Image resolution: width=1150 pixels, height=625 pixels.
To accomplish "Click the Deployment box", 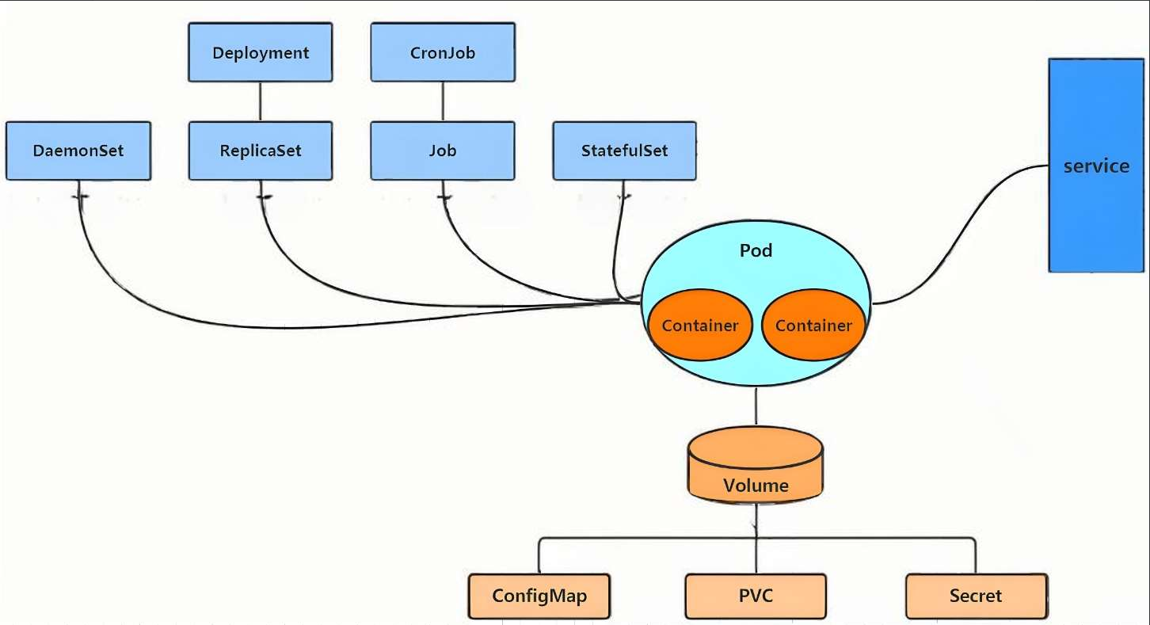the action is click(x=261, y=51).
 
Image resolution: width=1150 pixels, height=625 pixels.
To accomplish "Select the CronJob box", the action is click(x=443, y=51).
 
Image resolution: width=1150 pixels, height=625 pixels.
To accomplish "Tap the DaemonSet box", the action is click(x=78, y=151).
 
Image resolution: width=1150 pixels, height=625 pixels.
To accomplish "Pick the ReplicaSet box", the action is click(x=261, y=151).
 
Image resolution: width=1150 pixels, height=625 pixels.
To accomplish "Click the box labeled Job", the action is click(x=443, y=151).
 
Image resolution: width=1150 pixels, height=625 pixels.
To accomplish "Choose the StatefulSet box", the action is click(x=624, y=151).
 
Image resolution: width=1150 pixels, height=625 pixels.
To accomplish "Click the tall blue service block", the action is click(x=1096, y=165).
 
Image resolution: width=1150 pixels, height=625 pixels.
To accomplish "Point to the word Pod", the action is click(x=756, y=250).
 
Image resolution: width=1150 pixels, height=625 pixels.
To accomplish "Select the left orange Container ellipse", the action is click(x=700, y=325).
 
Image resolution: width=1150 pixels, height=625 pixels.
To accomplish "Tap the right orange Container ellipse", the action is click(x=813, y=325).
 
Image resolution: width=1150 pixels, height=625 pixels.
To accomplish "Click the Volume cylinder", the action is click(x=756, y=464).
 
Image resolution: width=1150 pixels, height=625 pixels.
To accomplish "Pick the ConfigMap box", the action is click(x=539, y=596).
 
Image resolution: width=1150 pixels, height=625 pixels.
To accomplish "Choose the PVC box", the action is click(x=756, y=596).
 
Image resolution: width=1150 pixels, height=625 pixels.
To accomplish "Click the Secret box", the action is click(x=976, y=596).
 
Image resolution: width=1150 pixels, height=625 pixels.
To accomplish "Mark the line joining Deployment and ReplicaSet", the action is click(x=261, y=101).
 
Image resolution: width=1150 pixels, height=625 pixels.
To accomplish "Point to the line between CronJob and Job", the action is click(x=443, y=101).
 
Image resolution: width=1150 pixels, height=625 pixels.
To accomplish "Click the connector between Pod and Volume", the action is click(x=756, y=406).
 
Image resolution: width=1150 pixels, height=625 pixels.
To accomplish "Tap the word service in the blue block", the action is click(x=1096, y=166).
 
